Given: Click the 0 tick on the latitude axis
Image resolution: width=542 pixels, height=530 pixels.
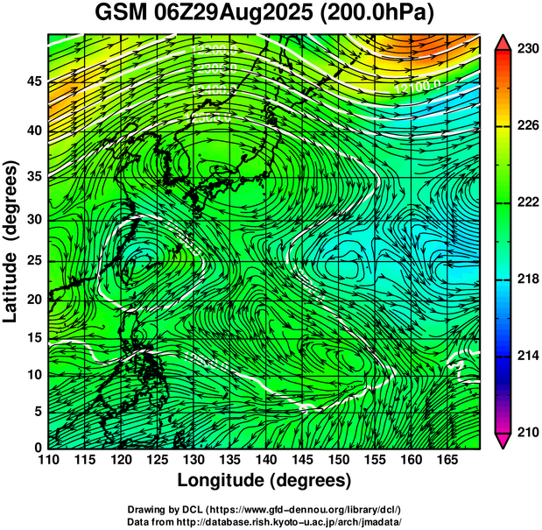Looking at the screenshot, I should coord(37,448).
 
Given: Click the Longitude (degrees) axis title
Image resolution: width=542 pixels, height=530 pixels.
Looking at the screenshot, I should coord(264,480).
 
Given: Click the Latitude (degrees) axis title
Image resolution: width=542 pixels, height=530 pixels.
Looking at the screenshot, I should coord(11,241).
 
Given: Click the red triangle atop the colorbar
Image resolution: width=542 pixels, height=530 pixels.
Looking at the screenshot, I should coord(503,41).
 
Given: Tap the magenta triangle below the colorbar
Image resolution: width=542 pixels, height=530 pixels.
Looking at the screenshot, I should coord(503,441).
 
